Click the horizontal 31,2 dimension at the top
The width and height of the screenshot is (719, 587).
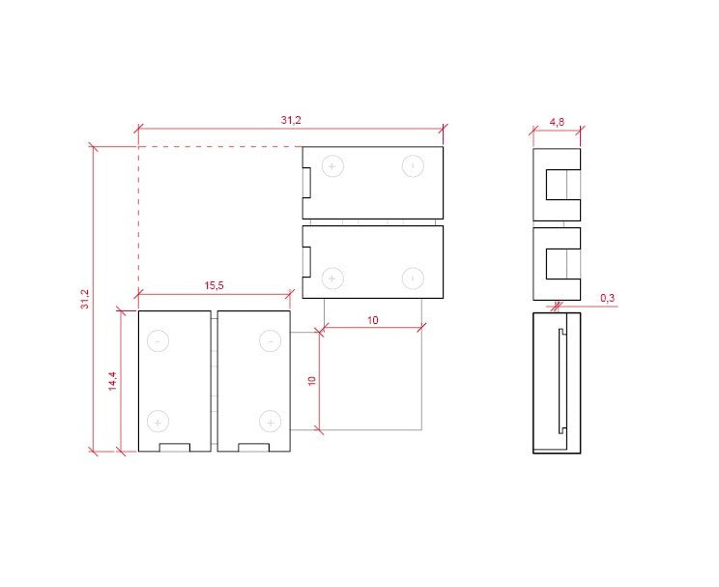(x=291, y=120)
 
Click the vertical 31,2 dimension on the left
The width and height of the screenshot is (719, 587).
(x=86, y=299)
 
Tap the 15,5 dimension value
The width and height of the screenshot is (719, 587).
(x=215, y=285)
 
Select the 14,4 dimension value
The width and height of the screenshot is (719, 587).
(x=113, y=381)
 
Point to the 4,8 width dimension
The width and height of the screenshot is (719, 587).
(x=557, y=122)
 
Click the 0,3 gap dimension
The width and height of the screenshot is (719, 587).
(x=607, y=298)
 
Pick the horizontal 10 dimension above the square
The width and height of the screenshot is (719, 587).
(x=372, y=319)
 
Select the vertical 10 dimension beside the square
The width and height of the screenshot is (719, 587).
(x=311, y=380)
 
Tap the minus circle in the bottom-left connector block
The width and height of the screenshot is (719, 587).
(x=158, y=340)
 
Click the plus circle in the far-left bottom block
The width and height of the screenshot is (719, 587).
(x=158, y=421)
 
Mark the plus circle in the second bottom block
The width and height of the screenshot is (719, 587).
(x=270, y=421)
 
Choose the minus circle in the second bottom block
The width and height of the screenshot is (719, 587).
(x=270, y=340)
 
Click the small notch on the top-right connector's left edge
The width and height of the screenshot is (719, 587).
(x=305, y=182)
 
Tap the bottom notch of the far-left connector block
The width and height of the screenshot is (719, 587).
(x=175, y=447)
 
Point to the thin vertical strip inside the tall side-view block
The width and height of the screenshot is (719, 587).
(x=561, y=381)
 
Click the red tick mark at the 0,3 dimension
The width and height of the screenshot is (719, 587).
(x=557, y=307)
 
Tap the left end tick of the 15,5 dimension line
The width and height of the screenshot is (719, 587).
(x=138, y=292)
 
